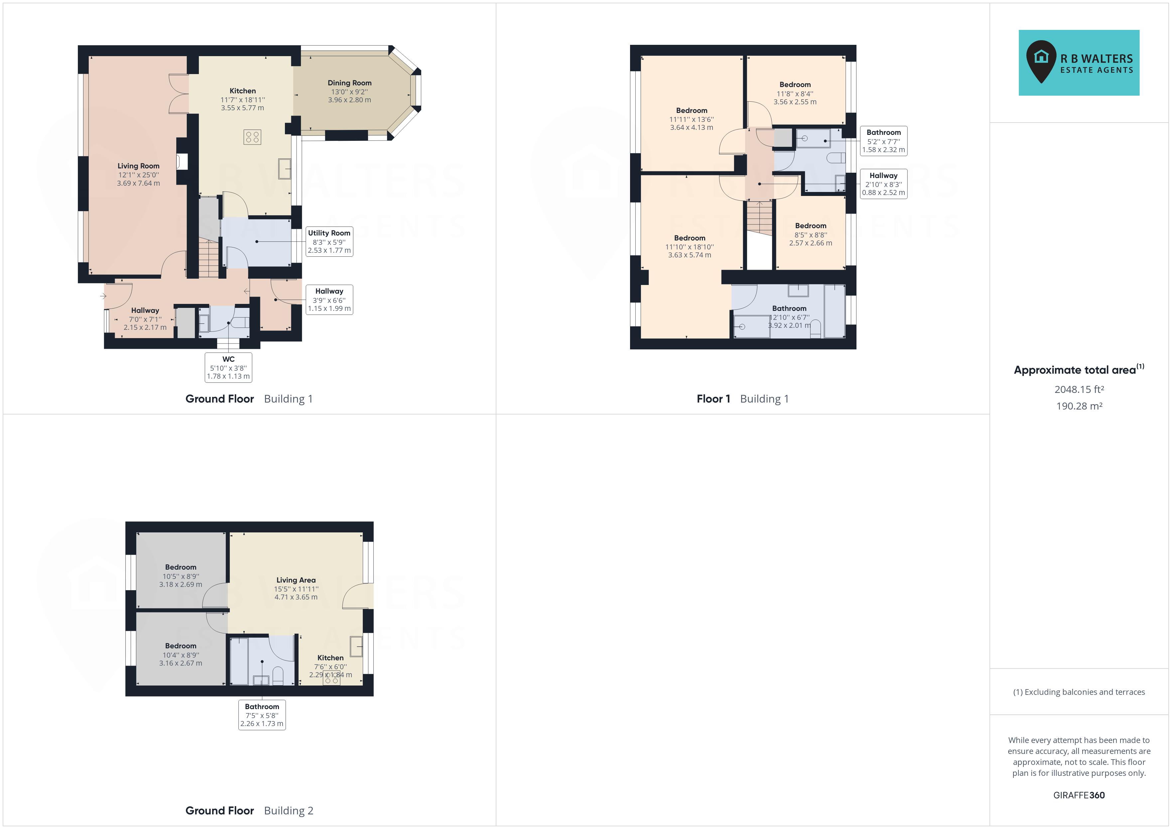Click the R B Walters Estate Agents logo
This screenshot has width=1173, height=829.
tap(1079, 62)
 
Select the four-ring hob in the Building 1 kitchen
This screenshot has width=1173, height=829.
tap(252, 137)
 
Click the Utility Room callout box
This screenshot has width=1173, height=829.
tap(329, 241)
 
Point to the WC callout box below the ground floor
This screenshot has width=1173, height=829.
tap(228, 367)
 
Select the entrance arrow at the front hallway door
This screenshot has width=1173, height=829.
tap(103, 296)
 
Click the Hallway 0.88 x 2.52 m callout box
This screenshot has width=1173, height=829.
tap(883, 184)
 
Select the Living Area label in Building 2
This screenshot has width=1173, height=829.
tap(296, 580)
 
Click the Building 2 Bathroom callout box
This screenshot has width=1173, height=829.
tap(262, 715)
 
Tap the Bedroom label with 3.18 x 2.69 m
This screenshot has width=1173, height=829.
tap(180, 567)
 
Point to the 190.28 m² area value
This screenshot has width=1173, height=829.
tap(1079, 406)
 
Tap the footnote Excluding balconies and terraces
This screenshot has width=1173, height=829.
tap(1079, 692)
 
